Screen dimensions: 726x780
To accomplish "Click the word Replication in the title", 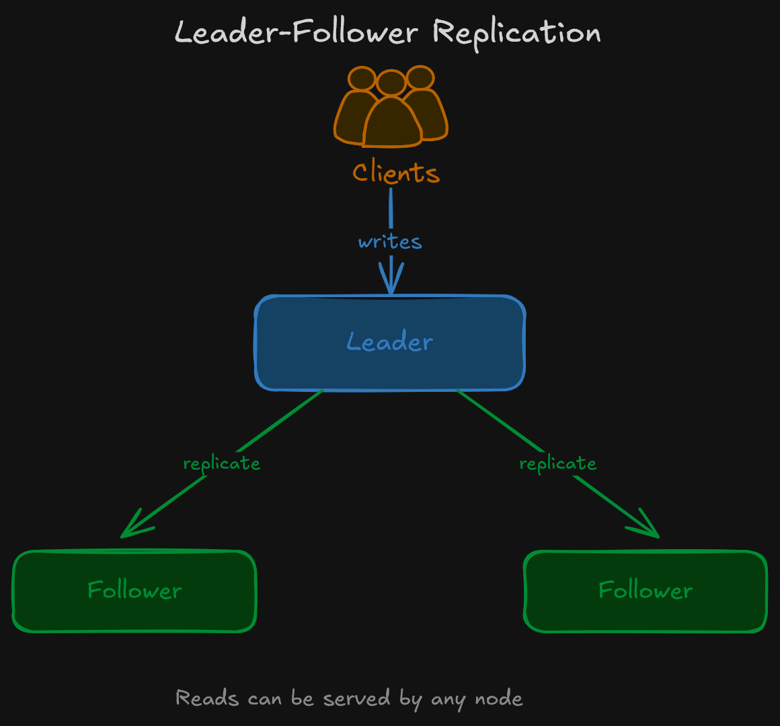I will (516, 33).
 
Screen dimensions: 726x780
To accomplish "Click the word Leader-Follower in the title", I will (296, 33).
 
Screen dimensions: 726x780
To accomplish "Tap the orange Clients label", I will (395, 173).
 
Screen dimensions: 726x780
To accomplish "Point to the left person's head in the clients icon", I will (362, 79).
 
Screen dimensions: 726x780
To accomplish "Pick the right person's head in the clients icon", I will (421, 77).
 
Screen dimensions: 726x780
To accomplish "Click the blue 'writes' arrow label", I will (390, 242).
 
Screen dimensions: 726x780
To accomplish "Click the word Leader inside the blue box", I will (390, 342).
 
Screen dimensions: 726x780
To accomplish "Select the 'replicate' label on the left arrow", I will (222, 464).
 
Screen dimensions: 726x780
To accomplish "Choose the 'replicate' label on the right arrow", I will (558, 464).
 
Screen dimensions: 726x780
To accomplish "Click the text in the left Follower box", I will (134, 591).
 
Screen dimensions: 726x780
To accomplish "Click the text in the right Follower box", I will (646, 591).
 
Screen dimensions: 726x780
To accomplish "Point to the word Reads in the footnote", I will (207, 698).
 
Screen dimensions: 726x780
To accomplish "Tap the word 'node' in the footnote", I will (499, 698).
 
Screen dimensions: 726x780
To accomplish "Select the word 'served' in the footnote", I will (356, 698).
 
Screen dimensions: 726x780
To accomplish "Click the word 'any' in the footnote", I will (447, 700).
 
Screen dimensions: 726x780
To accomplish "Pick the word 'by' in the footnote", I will (411, 700).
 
